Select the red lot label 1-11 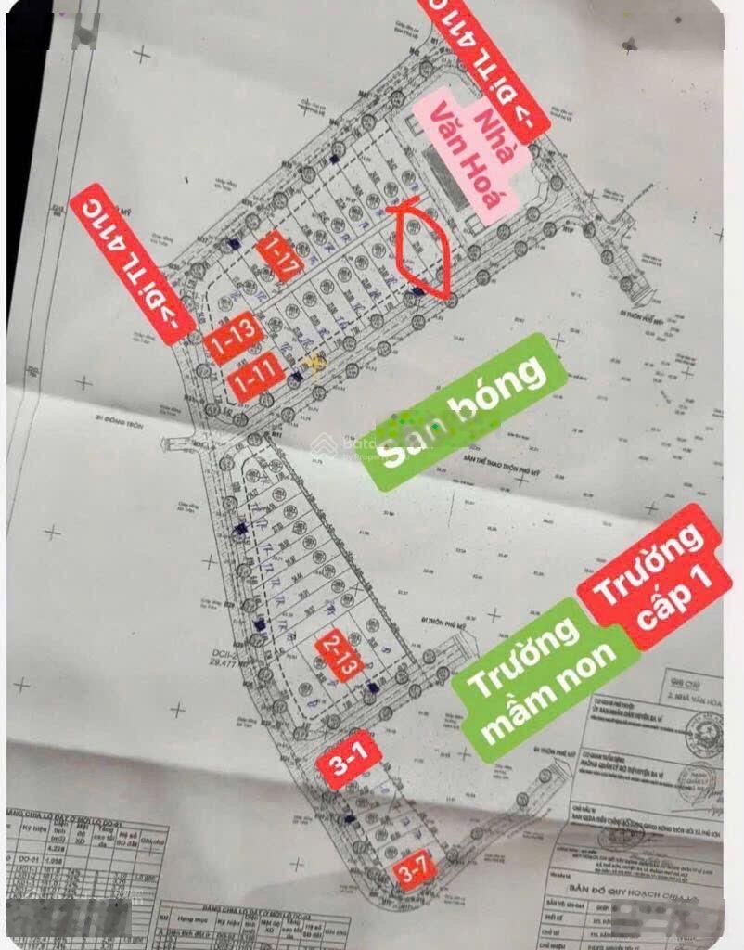tap(255, 377)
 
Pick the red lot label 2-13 tap(335, 655)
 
